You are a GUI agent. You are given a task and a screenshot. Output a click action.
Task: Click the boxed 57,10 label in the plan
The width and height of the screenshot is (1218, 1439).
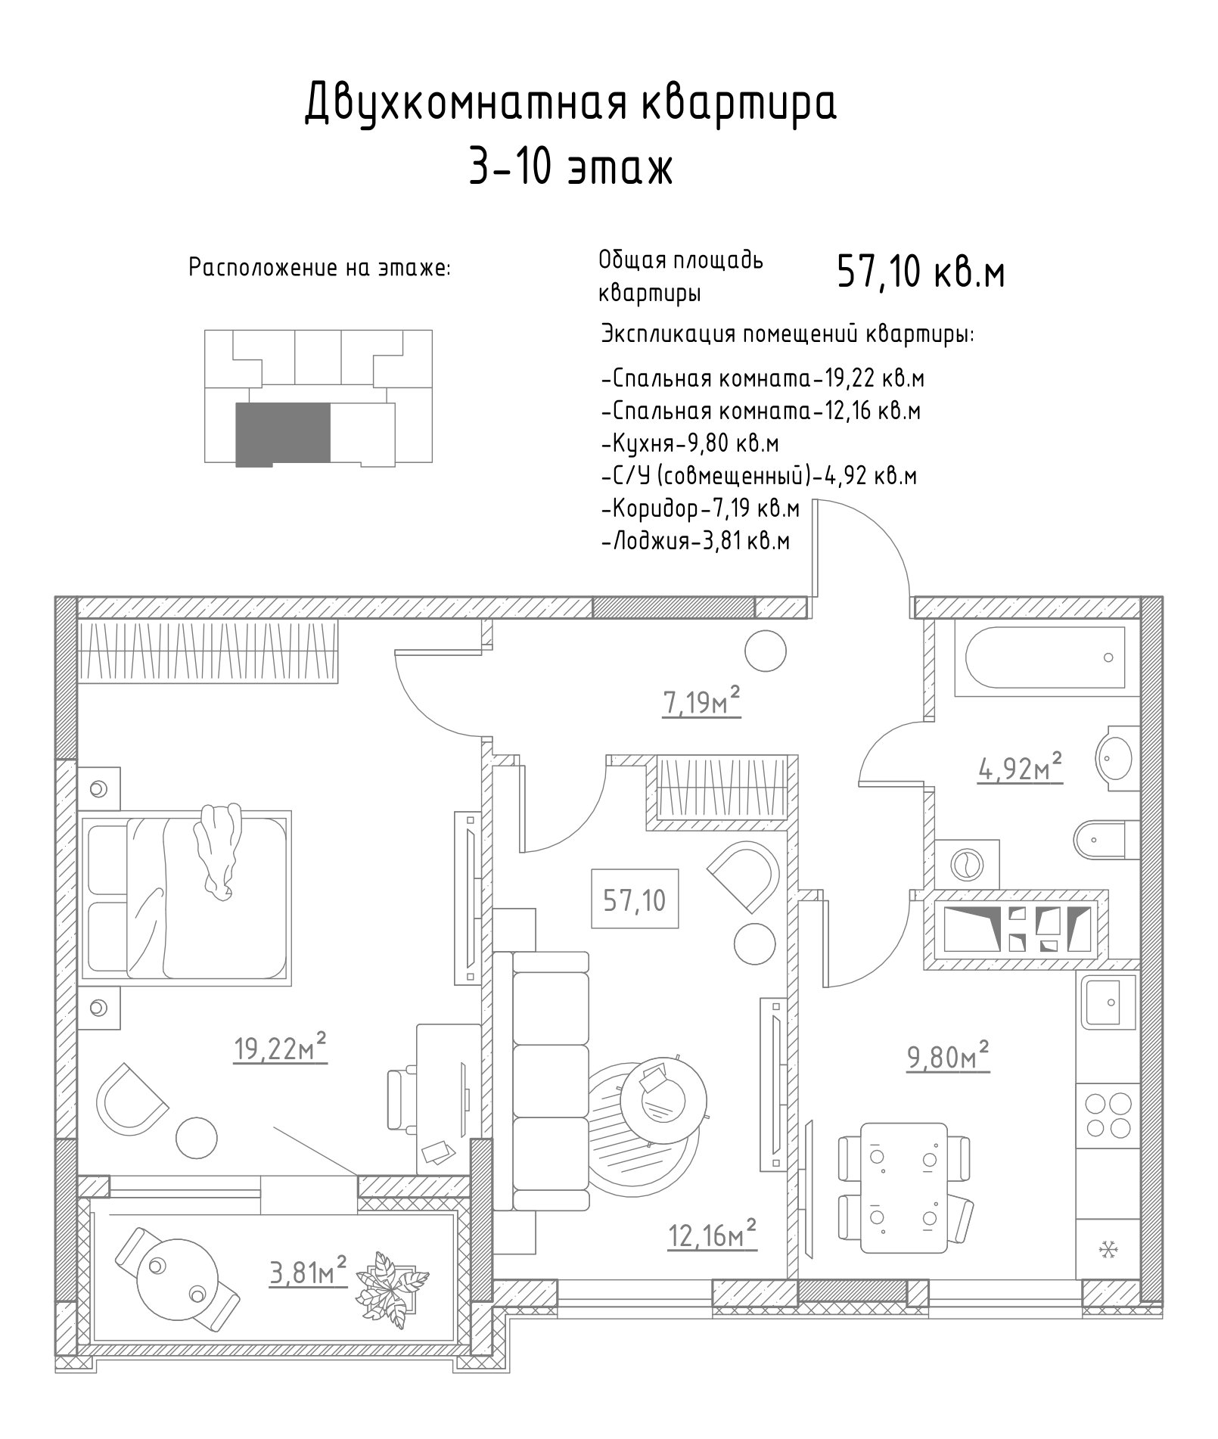pos(635,900)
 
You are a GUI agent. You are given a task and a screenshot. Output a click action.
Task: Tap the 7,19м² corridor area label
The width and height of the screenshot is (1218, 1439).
pos(701,703)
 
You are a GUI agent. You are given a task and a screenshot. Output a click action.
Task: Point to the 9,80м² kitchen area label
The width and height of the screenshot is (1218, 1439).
pos(949,1058)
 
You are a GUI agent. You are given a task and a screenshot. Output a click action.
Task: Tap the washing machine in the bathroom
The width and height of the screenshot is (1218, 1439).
pos(967,862)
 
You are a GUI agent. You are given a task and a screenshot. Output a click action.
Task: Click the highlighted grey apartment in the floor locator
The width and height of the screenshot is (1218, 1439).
pos(284,434)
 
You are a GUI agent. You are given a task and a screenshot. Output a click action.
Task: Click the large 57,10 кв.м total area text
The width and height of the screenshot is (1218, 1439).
pos(921,272)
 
